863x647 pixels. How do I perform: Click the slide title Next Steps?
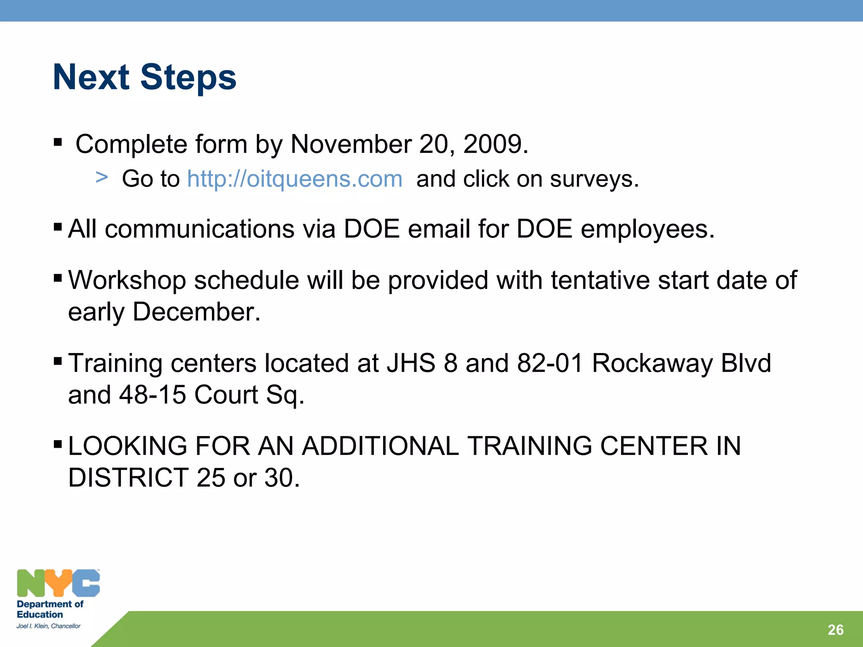point(145,77)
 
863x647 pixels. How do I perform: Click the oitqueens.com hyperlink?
point(295,179)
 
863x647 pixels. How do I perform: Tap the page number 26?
point(835,630)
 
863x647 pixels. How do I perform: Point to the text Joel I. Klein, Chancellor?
point(48,626)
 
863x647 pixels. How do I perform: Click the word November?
point(351,144)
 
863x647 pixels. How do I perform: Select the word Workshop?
point(127,280)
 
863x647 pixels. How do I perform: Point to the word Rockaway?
point(652,363)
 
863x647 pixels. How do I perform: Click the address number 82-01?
point(550,363)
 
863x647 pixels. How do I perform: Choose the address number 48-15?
point(152,395)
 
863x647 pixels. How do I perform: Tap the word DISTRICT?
point(128,478)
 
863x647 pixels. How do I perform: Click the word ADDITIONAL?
point(380,446)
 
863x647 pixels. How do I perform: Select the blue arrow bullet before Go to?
point(102,177)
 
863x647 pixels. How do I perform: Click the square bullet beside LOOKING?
point(58,444)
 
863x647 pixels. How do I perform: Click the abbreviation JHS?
point(411,363)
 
